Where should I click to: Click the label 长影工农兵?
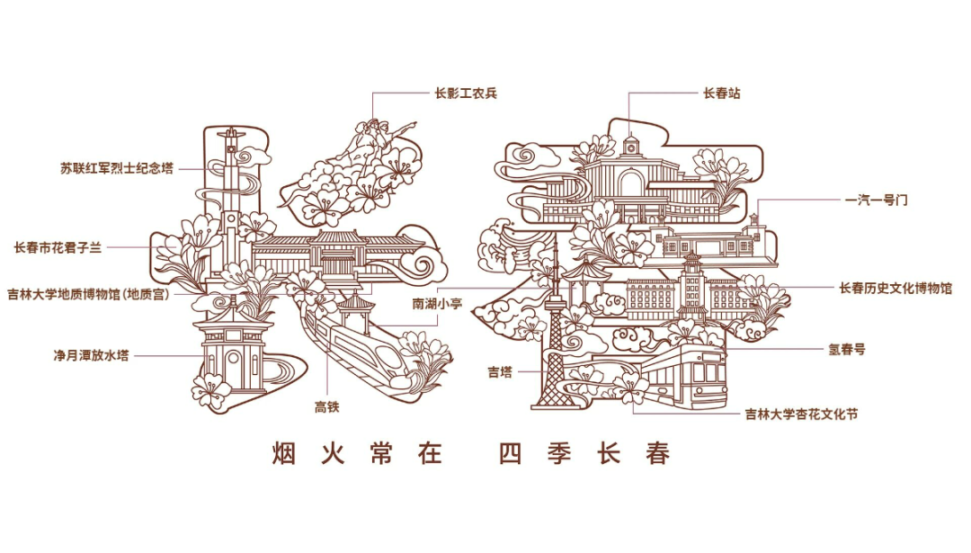[466, 93]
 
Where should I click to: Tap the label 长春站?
[721, 93]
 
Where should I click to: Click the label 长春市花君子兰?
[71, 246]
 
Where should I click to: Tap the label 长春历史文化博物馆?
[895, 289]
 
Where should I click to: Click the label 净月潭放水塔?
[91, 355]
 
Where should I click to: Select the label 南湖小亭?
[437, 304]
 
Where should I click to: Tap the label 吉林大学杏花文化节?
[801, 415]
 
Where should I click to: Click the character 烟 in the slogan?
[284, 453]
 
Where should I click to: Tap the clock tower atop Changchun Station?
[630, 145]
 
